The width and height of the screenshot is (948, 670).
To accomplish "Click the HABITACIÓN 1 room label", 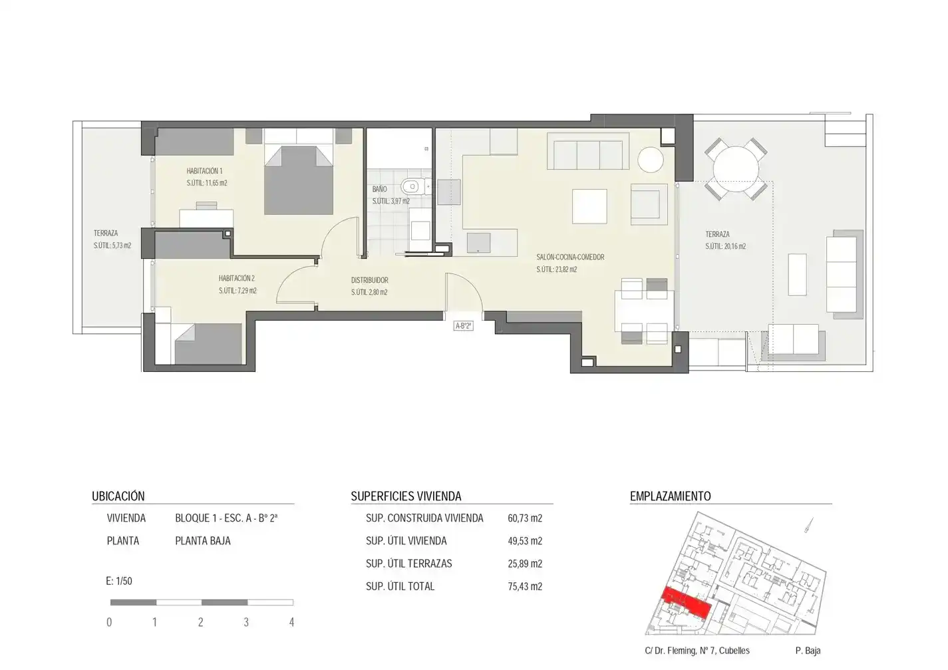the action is [x=204, y=171].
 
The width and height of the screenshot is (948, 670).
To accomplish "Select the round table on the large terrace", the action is [x=736, y=169].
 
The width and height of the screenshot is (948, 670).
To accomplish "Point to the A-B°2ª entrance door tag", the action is [x=463, y=326].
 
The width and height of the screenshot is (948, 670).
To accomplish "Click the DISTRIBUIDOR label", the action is [x=369, y=280].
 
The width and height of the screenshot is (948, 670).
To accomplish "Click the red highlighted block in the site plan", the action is [x=686, y=602].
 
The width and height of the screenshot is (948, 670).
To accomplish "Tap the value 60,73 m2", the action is [x=525, y=518].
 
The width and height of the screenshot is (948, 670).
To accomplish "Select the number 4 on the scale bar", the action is [x=291, y=622].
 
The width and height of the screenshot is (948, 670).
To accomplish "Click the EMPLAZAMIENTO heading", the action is [x=671, y=496].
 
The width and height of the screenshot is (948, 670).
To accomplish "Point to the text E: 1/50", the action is [x=119, y=581].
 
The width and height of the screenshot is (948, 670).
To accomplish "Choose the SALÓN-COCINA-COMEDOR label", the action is [x=570, y=257].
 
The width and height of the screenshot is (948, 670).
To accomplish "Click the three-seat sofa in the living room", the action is [x=588, y=151].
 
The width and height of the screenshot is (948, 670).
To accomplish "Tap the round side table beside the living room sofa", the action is [x=651, y=160].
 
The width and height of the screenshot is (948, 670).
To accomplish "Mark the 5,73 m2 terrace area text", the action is [x=112, y=246].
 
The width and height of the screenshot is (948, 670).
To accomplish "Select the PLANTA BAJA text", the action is [x=203, y=541].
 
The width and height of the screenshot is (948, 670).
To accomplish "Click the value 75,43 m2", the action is [x=525, y=587].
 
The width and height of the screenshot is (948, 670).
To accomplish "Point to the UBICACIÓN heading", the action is [x=118, y=496].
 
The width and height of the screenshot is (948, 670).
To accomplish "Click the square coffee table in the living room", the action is [x=589, y=206].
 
